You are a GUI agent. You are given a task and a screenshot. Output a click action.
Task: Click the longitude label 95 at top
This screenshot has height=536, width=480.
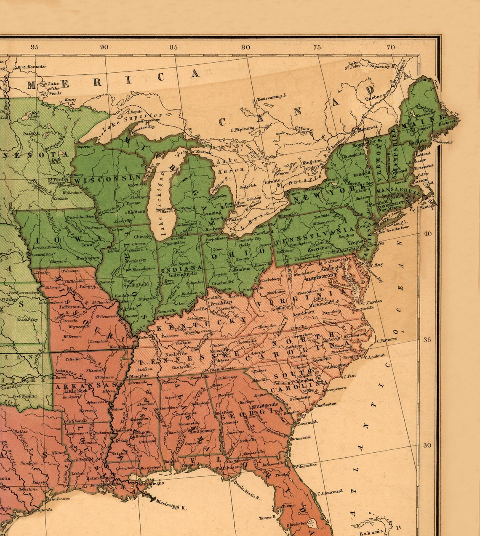point(35,47)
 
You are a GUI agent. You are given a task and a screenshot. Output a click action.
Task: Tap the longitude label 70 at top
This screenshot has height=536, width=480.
point(391,47)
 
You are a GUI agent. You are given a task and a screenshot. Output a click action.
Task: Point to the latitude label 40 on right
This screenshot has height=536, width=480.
point(427,234)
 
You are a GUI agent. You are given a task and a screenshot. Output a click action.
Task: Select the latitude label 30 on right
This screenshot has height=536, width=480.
point(427,445)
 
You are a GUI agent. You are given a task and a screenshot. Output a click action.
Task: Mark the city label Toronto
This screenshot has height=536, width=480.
point(272,181)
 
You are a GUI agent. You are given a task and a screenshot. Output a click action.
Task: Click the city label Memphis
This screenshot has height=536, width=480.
point(139,376)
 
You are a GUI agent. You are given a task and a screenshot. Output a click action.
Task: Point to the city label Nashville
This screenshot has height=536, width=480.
point(176,354)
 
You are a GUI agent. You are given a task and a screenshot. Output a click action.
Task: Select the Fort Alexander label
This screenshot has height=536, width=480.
point(32,66)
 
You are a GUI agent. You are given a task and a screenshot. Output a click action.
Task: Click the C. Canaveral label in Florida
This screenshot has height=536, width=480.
point(330,492)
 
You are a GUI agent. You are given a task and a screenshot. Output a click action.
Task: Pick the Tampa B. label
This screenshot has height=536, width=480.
point(267,517)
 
